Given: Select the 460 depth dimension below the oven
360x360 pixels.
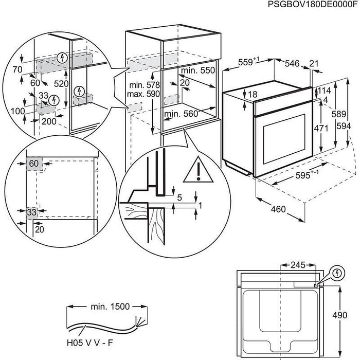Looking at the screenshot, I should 279,209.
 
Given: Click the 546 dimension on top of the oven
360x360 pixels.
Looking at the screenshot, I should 293,63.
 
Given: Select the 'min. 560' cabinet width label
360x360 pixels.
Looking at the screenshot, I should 181,114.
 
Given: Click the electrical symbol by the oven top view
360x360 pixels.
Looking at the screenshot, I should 338,273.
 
